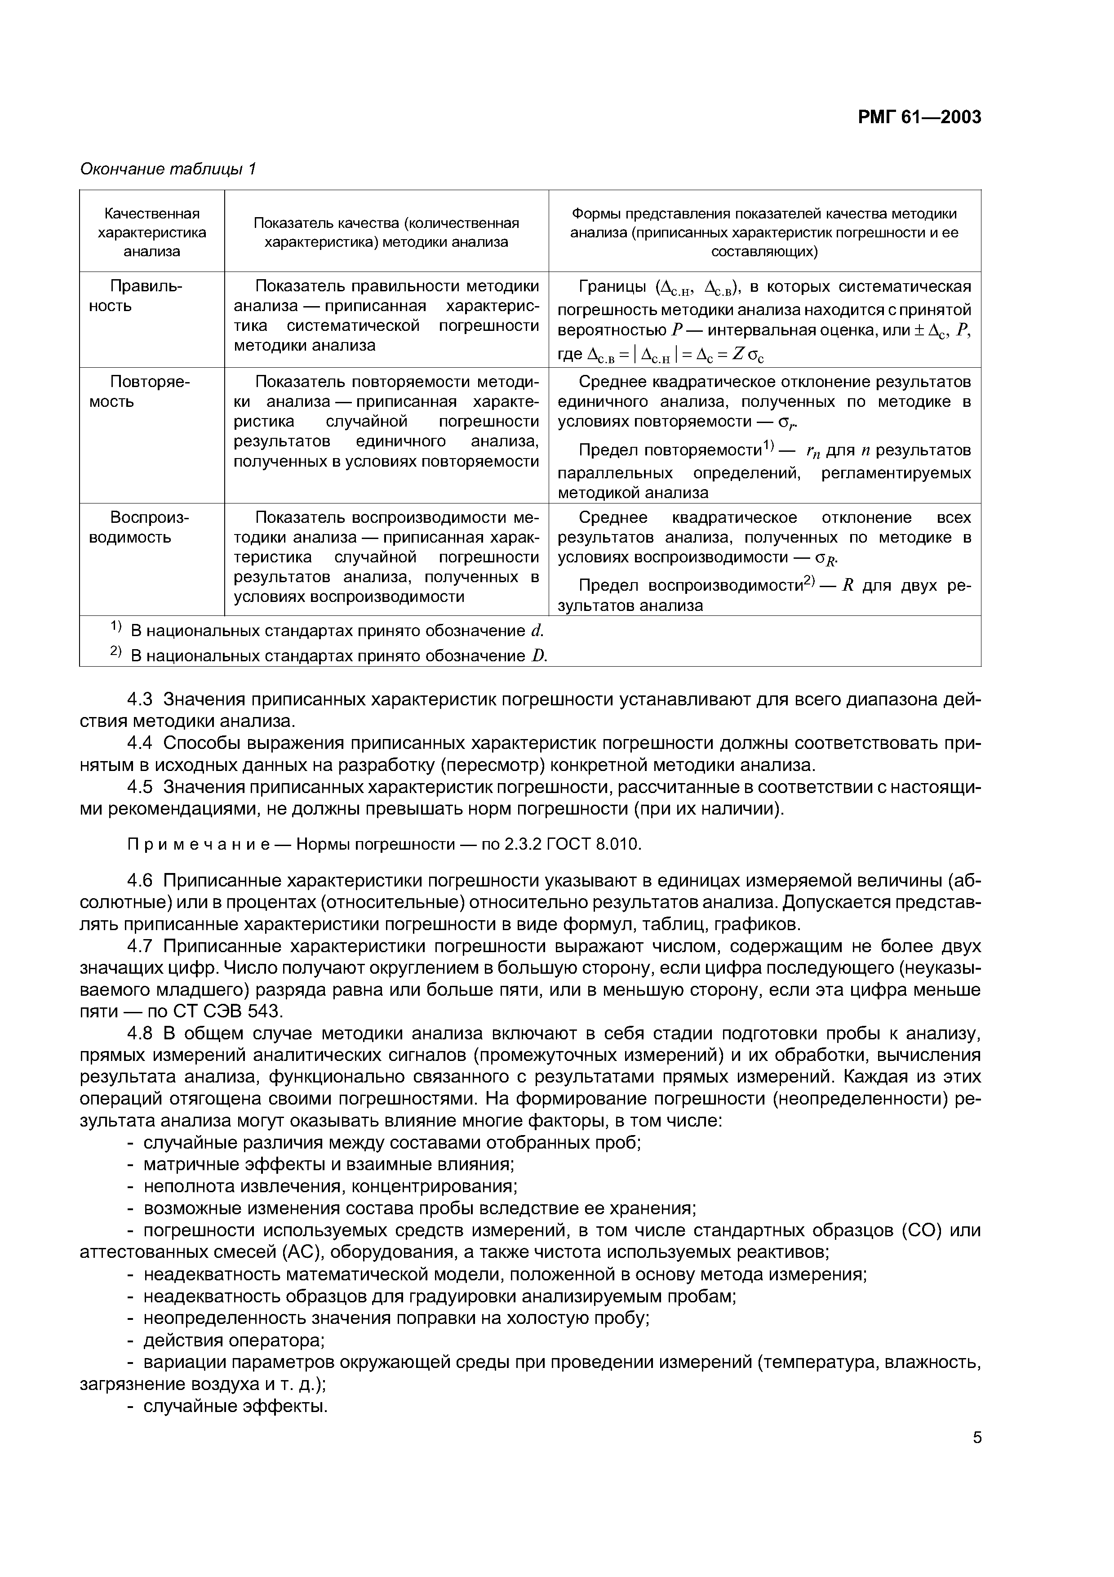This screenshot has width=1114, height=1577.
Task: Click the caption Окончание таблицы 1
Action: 168,169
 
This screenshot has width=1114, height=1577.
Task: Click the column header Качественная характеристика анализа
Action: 152,232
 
